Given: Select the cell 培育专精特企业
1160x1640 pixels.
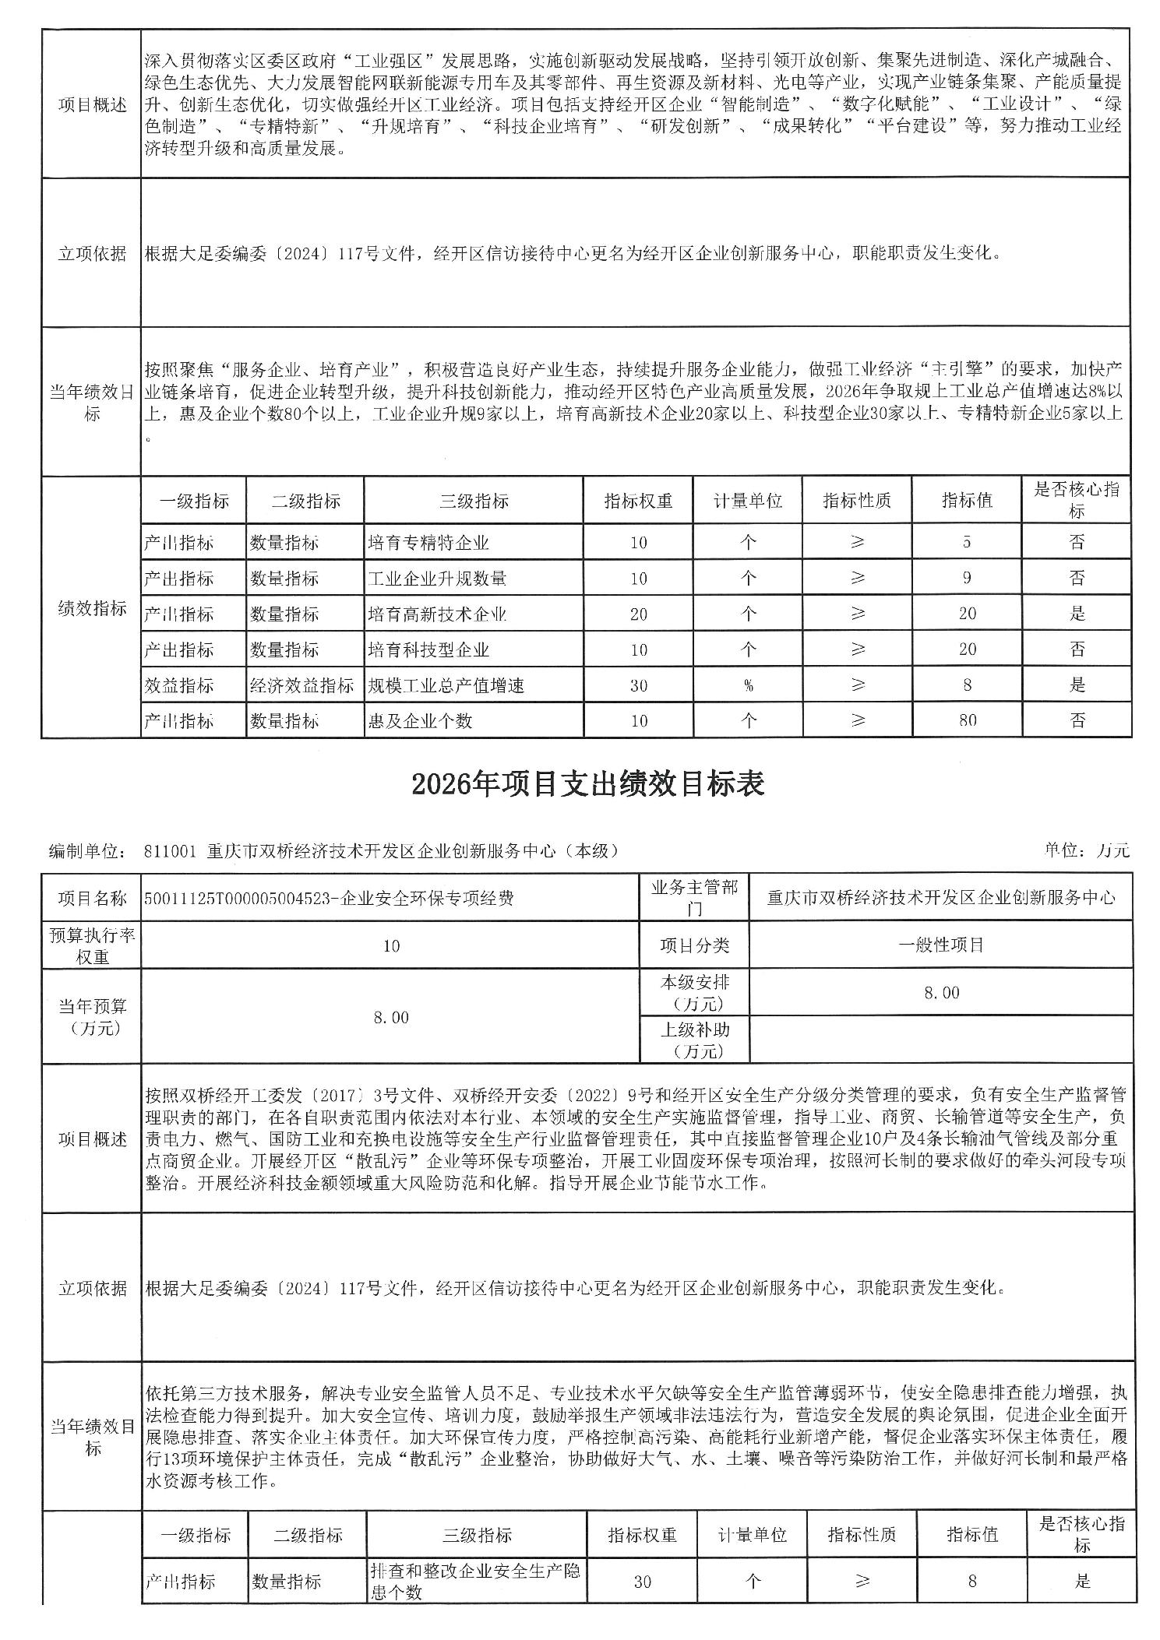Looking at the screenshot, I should [428, 542].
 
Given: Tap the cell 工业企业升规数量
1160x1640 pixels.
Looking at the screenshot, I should [437, 578].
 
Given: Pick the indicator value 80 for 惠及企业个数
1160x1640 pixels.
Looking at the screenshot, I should [967, 720].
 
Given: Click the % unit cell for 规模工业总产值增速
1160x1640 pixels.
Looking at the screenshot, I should [748, 685].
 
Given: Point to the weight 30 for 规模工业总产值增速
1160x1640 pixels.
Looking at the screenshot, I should [638, 685].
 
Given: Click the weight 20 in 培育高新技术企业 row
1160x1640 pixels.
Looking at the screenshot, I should [638, 614].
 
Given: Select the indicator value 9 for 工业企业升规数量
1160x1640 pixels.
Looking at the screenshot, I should [967, 578].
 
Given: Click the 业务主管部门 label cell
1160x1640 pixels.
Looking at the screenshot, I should [693, 897].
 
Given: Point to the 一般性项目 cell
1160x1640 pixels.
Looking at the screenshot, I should [941, 945].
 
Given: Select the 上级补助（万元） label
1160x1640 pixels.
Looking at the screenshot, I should [693, 1040].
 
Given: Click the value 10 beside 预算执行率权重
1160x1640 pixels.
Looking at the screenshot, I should [391, 945].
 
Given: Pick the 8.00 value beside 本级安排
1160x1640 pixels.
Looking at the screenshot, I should [941, 992].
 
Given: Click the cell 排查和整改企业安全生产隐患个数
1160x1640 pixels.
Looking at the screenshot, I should [475, 1581].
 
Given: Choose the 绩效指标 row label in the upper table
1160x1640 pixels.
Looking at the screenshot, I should [92, 608].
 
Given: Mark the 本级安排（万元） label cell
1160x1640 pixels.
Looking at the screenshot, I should [693, 992].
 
